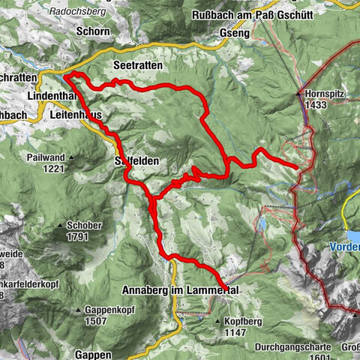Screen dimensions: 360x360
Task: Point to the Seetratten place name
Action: tap(134, 64)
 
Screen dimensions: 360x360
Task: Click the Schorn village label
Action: tap(92, 31)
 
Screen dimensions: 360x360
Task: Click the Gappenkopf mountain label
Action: tap(103, 310)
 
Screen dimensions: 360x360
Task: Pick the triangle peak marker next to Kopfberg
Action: tap(219, 320)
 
